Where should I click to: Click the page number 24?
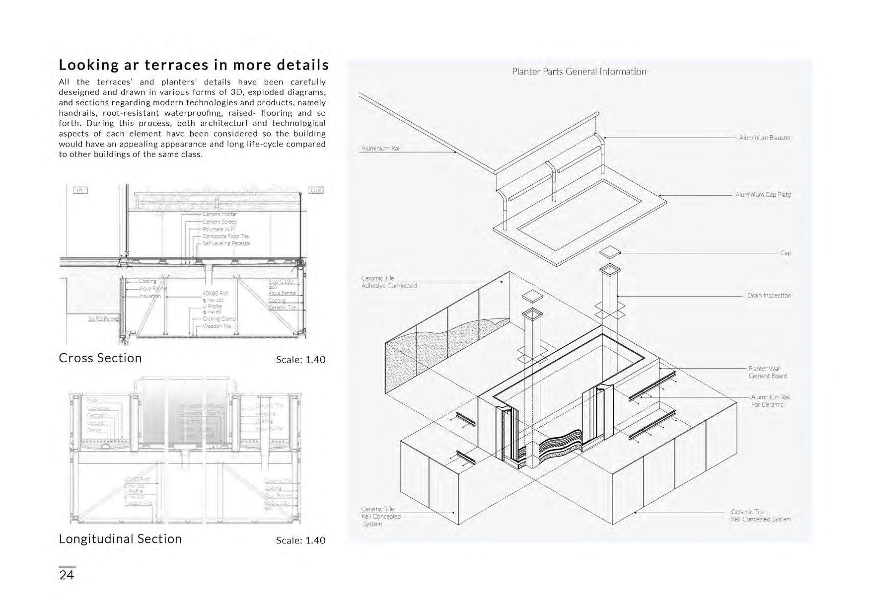67,575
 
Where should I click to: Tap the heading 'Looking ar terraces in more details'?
194,65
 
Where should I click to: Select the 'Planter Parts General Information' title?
579,72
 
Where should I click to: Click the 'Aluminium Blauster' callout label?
765,138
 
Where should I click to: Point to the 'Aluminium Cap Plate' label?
763,195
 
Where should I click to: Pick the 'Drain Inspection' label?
769,296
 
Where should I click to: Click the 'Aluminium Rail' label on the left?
381,149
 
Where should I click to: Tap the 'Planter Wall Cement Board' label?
768,372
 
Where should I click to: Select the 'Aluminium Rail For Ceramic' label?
770,400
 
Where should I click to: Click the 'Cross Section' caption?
100,358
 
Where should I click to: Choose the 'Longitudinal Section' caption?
120,539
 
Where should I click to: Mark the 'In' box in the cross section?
79,190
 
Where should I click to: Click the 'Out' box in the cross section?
316,190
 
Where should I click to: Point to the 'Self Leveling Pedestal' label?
226,243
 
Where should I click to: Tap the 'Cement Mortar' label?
219,214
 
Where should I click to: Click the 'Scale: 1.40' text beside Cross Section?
300,360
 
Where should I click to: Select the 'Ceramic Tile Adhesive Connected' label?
389,282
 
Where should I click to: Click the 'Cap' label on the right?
785,253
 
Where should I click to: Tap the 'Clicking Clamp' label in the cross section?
219,319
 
